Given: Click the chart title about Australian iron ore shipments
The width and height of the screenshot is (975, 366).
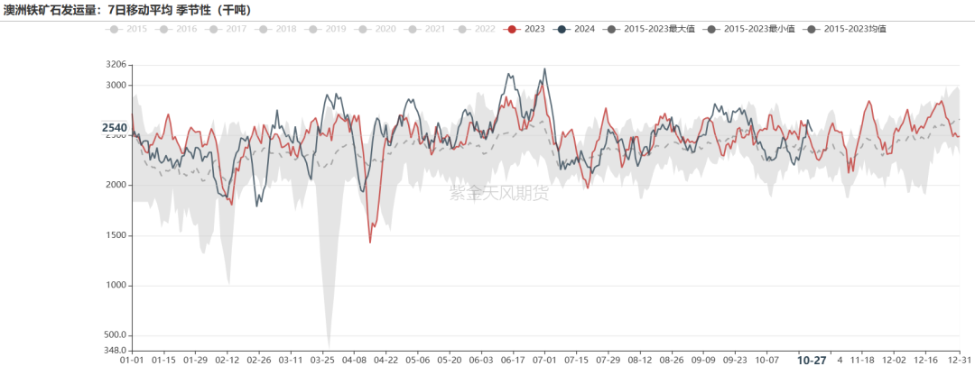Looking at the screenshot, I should (x=127, y=10).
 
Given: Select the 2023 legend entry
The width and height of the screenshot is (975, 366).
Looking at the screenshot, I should (x=525, y=29).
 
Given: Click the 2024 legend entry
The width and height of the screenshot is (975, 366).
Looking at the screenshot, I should (x=575, y=29).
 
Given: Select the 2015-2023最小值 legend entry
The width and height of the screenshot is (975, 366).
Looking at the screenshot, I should (x=745, y=29).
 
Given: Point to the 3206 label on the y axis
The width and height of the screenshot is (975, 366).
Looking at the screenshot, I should (x=116, y=65).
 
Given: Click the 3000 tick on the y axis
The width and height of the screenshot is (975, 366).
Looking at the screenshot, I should (x=116, y=86).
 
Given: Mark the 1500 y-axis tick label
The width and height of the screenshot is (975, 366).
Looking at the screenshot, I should (x=116, y=235).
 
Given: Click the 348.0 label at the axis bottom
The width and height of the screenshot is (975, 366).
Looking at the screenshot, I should (x=115, y=350).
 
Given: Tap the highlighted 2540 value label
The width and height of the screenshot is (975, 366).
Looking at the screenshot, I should (x=115, y=128).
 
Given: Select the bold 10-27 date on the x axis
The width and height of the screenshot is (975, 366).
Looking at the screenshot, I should (x=811, y=360).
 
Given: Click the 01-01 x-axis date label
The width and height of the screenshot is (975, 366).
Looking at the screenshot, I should (x=132, y=360).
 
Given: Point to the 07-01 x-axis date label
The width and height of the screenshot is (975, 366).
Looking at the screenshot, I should (x=544, y=360).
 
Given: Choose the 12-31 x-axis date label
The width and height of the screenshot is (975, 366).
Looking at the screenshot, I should (x=960, y=360).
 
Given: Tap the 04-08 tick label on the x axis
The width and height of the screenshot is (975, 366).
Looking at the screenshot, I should (x=353, y=360).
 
